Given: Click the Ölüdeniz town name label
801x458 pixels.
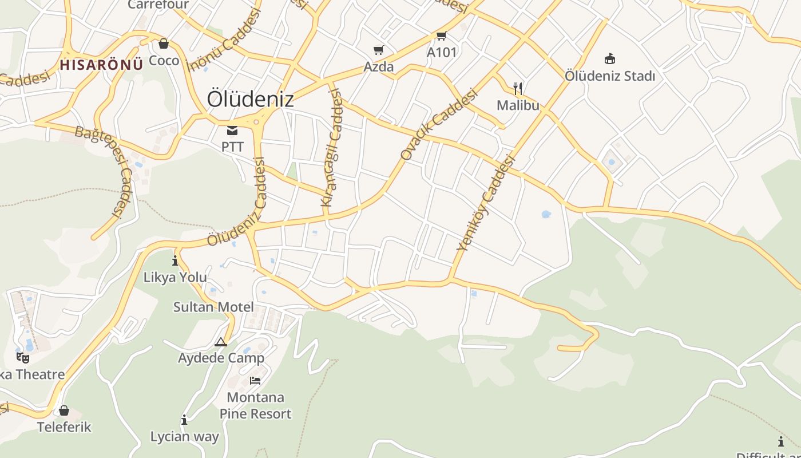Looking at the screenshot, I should (x=250, y=99).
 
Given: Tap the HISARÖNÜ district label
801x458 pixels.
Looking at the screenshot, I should (x=101, y=64).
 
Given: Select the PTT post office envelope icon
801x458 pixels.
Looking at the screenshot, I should (x=232, y=131).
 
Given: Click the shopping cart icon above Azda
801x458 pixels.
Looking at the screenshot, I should (x=378, y=50).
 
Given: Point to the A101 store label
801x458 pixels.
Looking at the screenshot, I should (x=442, y=52).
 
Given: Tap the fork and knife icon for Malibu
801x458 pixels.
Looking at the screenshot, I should (x=518, y=88).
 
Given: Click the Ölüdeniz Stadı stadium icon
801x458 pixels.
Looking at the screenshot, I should (x=609, y=58).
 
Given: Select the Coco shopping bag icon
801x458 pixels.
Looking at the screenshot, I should (x=164, y=44).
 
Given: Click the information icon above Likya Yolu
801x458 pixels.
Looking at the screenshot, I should (x=175, y=261).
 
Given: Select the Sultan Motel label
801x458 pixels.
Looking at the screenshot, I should (x=213, y=307).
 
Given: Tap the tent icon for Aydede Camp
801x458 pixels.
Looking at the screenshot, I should (x=221, y=342).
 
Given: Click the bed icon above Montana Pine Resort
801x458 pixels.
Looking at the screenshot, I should (x=255, y=380).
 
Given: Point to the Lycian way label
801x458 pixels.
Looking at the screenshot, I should (x=184, y=437).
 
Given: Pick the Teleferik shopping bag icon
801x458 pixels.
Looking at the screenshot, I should (x=64, y=410).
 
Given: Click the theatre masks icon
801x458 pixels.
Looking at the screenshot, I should (x=23, y=358).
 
